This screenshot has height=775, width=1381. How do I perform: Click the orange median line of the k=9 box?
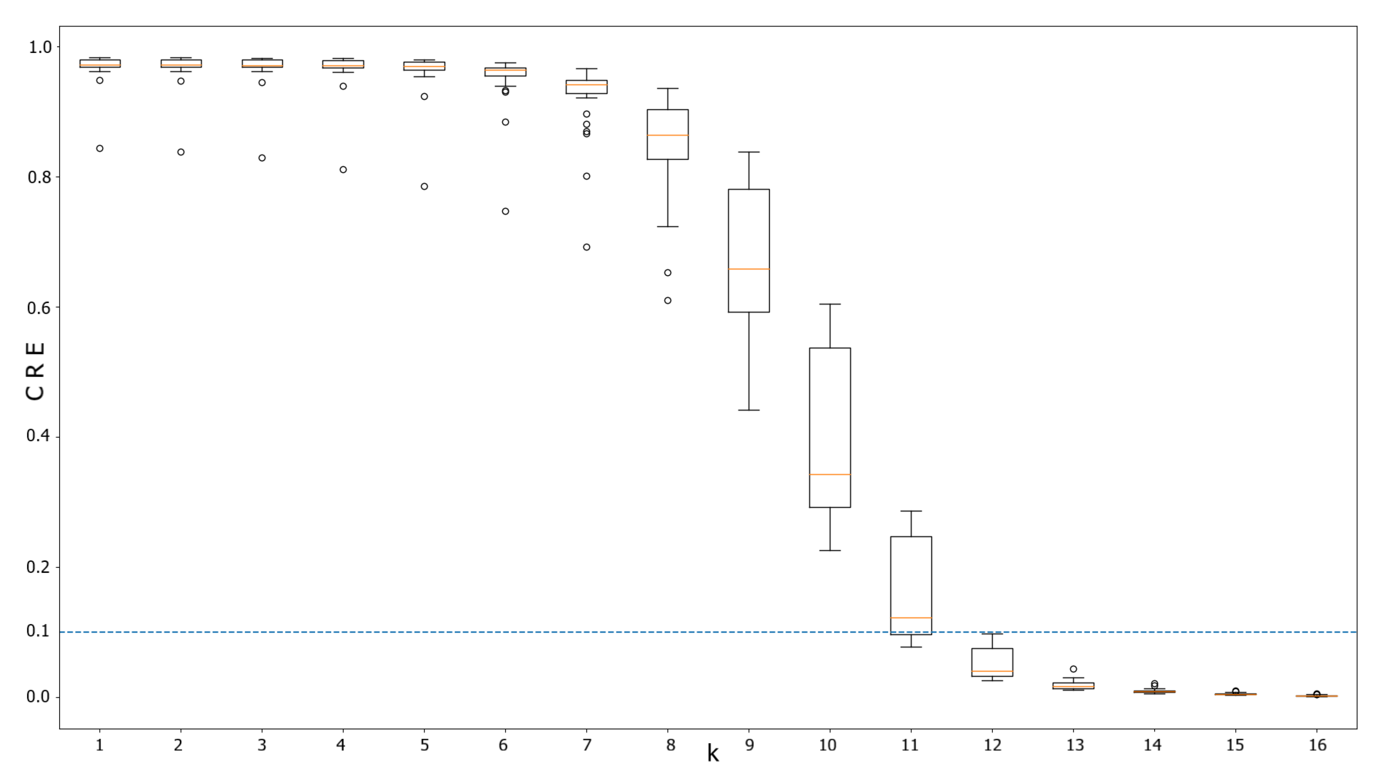coord(748,269)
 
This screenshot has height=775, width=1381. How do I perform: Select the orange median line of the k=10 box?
coord(829,474)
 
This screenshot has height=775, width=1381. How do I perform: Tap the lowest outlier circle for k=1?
coord(100,148)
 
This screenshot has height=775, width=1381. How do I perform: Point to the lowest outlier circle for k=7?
coord(587,247)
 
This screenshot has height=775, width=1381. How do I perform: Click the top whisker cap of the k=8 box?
coord(668,88)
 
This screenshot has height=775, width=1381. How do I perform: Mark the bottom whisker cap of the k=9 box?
coord(748,410)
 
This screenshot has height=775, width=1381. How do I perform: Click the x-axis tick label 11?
coord(910,745)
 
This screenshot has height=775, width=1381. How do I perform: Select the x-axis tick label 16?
coord(1317,745)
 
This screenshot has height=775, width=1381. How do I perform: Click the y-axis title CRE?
coord(35,371)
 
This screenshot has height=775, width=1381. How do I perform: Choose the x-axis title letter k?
coord(712,753)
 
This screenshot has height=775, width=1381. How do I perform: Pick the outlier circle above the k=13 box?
coord(1073,669)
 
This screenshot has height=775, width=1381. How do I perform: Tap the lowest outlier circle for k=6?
coord(505,211)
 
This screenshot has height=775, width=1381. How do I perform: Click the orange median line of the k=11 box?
coord(910,618)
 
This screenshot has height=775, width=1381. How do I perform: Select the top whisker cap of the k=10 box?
coord(829,304)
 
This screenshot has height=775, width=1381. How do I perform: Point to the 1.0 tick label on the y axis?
coord(40,47)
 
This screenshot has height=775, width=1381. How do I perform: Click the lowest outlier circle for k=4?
coord(343,169)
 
